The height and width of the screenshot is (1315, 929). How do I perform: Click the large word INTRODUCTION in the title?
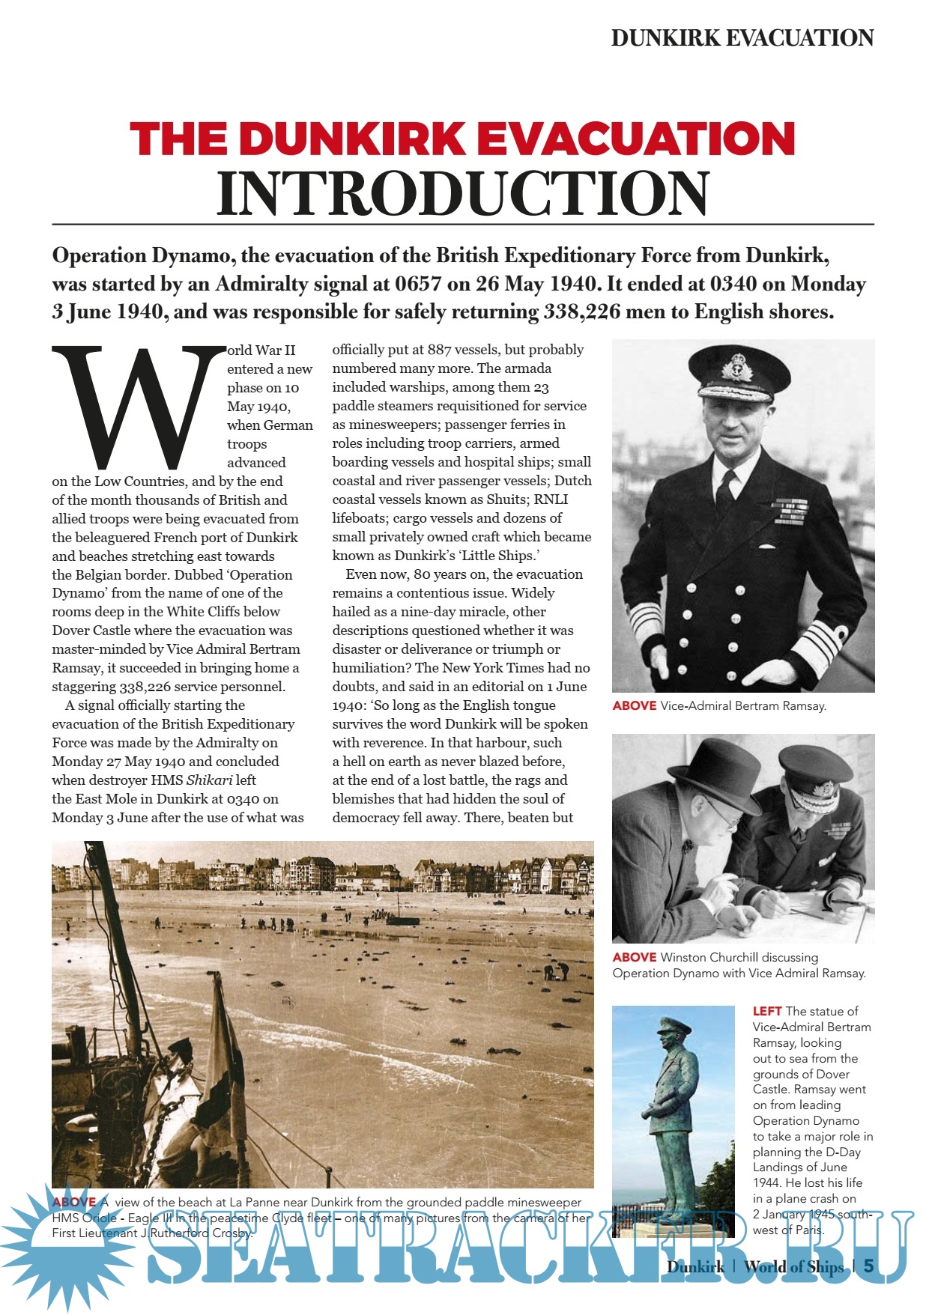coord(462,193)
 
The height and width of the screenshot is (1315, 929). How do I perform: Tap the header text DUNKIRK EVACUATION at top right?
coord(742,38)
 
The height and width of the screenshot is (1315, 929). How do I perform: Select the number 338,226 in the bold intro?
coord(582,312)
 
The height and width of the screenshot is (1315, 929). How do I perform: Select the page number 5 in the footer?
coord(868,1266)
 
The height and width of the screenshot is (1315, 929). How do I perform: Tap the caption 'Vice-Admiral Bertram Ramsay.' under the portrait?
coord(743,705)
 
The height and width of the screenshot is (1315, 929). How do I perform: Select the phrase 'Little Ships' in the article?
coord(497,556)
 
